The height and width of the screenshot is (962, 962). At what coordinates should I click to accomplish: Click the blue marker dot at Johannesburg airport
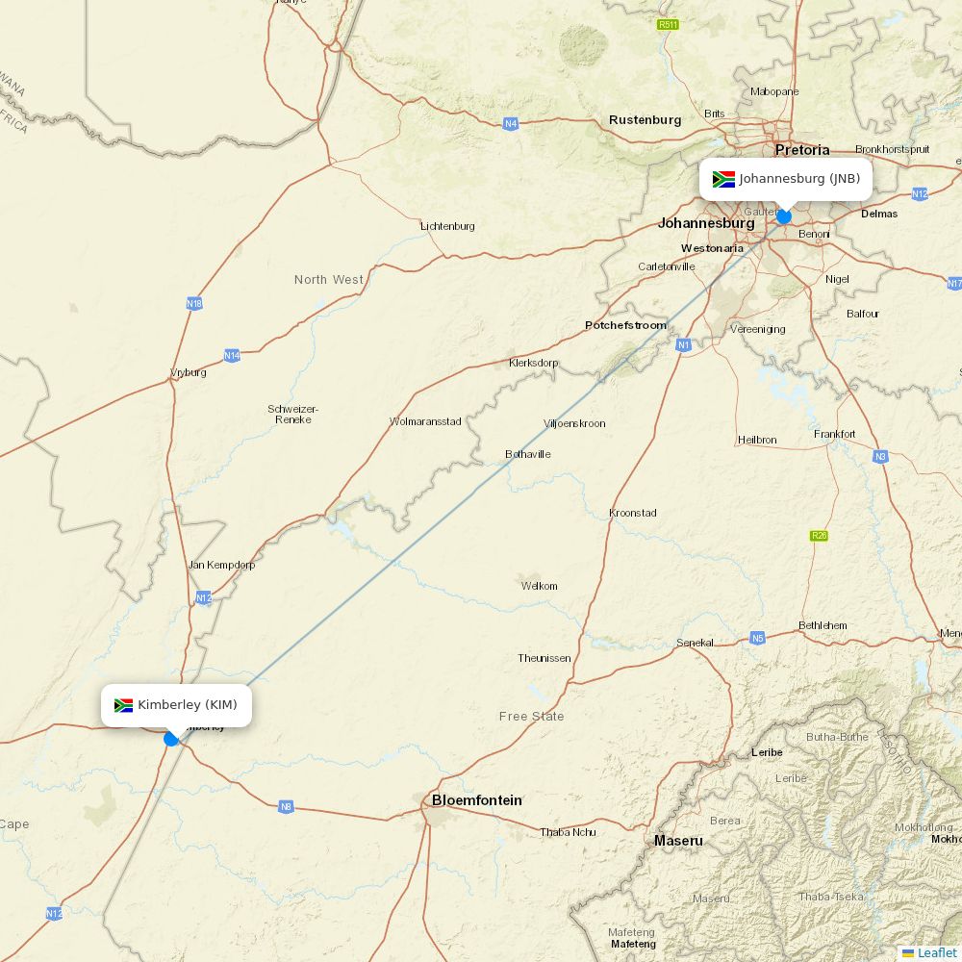pyautogui.click(x=784, y=216)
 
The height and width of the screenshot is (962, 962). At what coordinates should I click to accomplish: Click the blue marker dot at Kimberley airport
pyautogui.click(x=171, y=739)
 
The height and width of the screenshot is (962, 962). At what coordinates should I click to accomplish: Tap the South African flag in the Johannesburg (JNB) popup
pyautogui.click(x=723, y=179)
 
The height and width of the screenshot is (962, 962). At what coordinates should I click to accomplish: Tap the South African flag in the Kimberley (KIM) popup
pyautogui.click(x=123, y=705)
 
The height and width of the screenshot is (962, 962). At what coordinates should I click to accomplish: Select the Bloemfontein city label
pyautogui.click(x=476, y=800)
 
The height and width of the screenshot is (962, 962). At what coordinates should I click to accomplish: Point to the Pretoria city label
pyautogui.click(x=801, y=150)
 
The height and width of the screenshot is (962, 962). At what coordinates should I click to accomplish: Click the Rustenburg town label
pyautogui.click(x=645, y=120)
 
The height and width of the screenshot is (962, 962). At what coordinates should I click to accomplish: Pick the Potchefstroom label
pyautogui.click(x=625, y=325)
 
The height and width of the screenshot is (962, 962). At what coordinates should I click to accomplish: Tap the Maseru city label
pyautogui.click(x=678, y=841)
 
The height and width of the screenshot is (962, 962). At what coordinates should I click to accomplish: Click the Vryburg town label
pyautogui.click(x=188, y=372)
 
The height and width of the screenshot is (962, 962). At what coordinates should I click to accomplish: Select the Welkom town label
pyautogui.click(x=539, y=586)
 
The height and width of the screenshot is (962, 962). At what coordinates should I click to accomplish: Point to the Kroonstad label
pyautogui.click(x=633, y=513)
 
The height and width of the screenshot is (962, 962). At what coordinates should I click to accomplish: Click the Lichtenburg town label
pyautogui.click(x=447, y=226)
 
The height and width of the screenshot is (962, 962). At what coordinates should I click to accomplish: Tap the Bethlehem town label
pyautogui.click(x=823, y=625)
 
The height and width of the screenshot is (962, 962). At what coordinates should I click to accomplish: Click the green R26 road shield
pyautogui.click(x=819, y=536)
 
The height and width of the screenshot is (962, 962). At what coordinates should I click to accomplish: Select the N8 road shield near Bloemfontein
pyautogui.click(x=286, y=806)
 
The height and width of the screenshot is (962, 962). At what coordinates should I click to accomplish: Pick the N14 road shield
pyautogui.click(x=232, y=356)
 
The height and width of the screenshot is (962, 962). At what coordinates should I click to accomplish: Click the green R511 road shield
pyautogui.click(x=668, y=24)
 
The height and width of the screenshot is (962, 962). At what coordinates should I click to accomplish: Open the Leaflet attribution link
pyautogui.click(x=936, y=952)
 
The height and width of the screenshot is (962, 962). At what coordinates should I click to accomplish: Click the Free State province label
pyautogui.click(x=531, y=717)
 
